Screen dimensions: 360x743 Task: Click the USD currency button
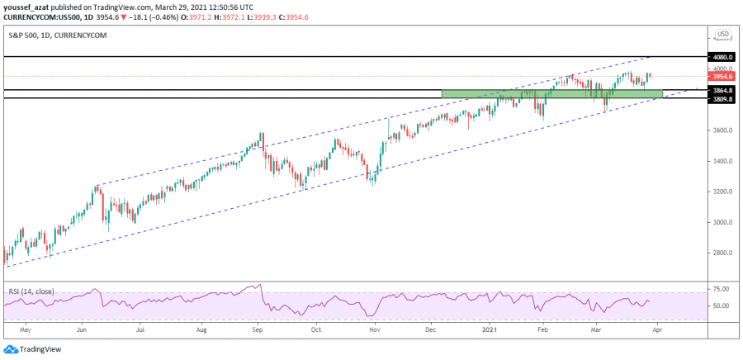tap(722, 35)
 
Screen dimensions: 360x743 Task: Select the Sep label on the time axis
tap(258, 328)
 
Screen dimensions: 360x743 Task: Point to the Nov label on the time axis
tap(375, 328)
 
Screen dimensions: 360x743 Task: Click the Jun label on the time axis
tap(81, 328)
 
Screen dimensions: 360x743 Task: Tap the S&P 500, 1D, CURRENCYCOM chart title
tap(57, 36)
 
